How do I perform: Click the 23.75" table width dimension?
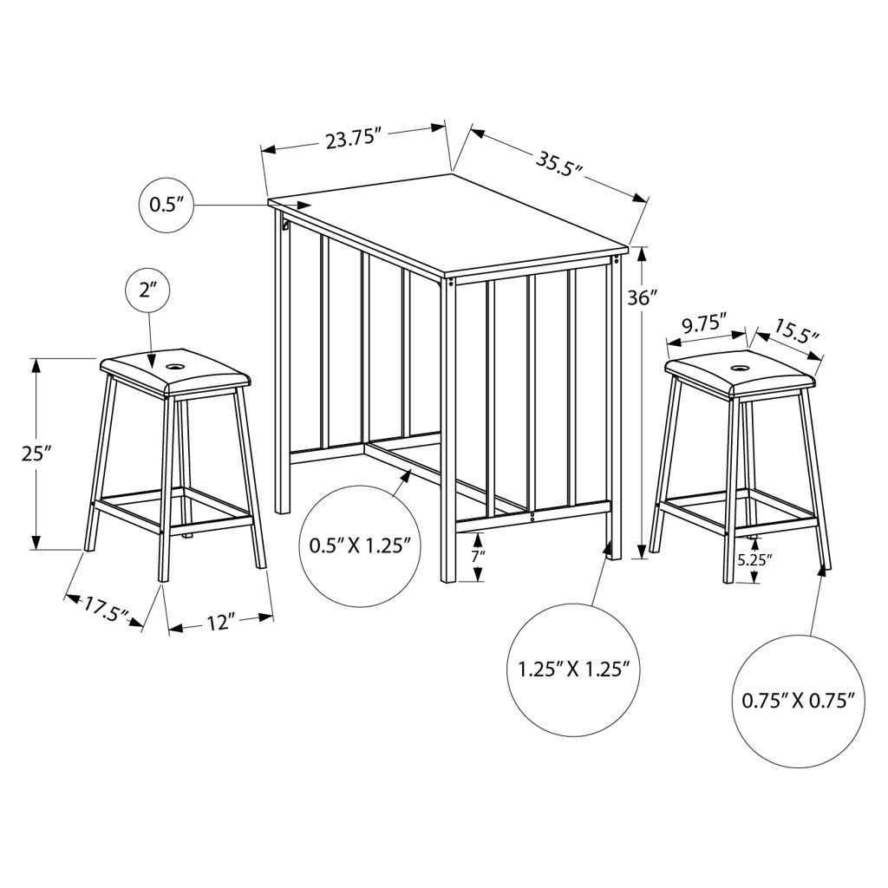pos(352,138)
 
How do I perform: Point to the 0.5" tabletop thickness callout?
pos(166,205)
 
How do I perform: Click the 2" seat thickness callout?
pos(147,291)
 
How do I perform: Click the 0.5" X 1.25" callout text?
pos(360,546)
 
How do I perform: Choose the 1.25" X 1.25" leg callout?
pos(574,670)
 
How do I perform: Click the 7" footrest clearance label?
pos(479,557)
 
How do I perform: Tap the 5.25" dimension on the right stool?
pos(755,560)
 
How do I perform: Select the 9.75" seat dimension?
pos(704,324)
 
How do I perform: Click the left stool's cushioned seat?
pos(175,373)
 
